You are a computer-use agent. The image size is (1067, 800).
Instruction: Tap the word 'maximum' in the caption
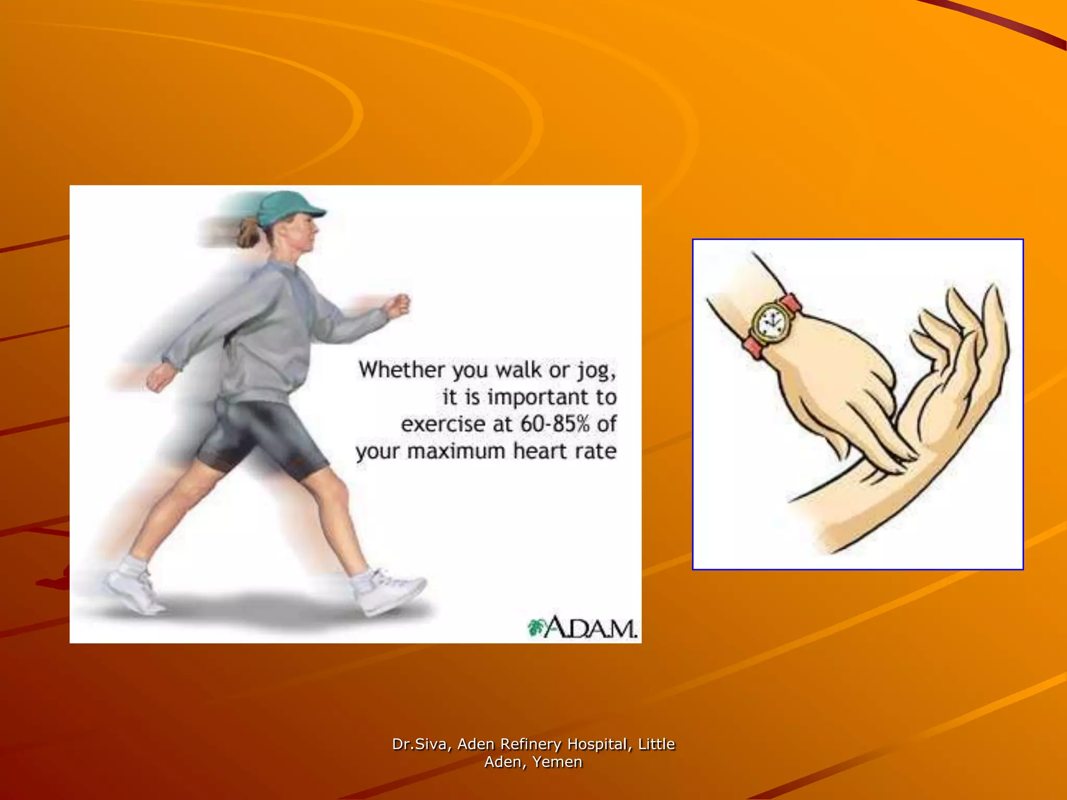456,451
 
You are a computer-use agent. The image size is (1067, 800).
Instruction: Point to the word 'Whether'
402,370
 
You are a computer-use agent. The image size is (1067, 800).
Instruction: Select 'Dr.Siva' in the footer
419,744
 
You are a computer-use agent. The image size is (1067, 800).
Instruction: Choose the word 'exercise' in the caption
443,424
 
